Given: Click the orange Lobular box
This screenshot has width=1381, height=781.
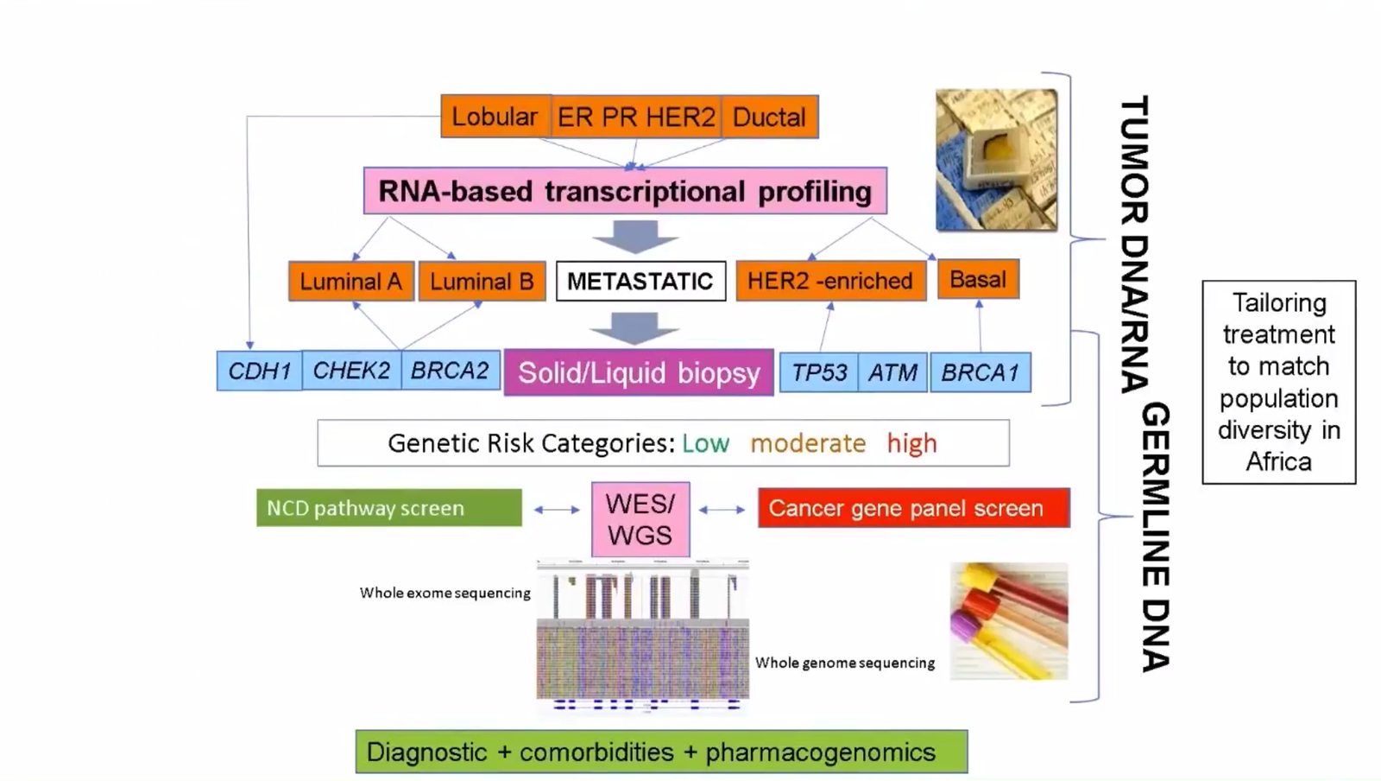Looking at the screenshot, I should click(x=495, y=117).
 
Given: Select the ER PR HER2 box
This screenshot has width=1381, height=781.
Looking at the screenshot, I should click(x=636, y=117).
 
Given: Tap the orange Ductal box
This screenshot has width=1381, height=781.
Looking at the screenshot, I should click(x=769, y=117).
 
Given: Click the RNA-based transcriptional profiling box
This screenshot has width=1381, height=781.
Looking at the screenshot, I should click(x=625, y=191).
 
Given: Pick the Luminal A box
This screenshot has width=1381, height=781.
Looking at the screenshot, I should click(x=351, y=282).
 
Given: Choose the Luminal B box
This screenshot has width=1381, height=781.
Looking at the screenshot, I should click(x=482, y=282).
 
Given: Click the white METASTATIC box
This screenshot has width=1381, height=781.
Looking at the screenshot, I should click(x=640, y=281).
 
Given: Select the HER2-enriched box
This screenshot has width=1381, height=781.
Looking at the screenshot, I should click(x=830, y=281).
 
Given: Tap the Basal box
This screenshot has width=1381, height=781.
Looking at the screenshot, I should click(x=978, y=279).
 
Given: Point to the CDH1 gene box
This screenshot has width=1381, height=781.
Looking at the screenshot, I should click(x=259, y=371).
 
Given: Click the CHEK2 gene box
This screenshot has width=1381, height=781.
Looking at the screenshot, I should click(x=351, y=371).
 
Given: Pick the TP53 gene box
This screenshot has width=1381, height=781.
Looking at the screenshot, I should click(x=819, y=372).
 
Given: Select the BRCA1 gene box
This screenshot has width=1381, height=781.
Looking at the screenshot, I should click(x=981, y=372).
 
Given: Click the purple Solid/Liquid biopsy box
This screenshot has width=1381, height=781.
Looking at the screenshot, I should click(x=639, y=372).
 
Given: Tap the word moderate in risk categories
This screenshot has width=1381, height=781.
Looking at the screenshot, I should click(x=808, y=443).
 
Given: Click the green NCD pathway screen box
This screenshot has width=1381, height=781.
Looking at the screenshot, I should click(x=388, y=508).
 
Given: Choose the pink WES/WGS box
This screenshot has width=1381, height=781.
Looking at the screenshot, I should click(x=640, y=519).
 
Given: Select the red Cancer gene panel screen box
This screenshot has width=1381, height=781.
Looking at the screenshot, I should click(x=913, y=508).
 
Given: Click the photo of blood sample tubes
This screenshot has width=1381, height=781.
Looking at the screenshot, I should click(x=1009, y=621).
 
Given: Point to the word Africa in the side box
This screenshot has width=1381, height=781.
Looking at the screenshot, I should click(x=1278, y=461).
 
